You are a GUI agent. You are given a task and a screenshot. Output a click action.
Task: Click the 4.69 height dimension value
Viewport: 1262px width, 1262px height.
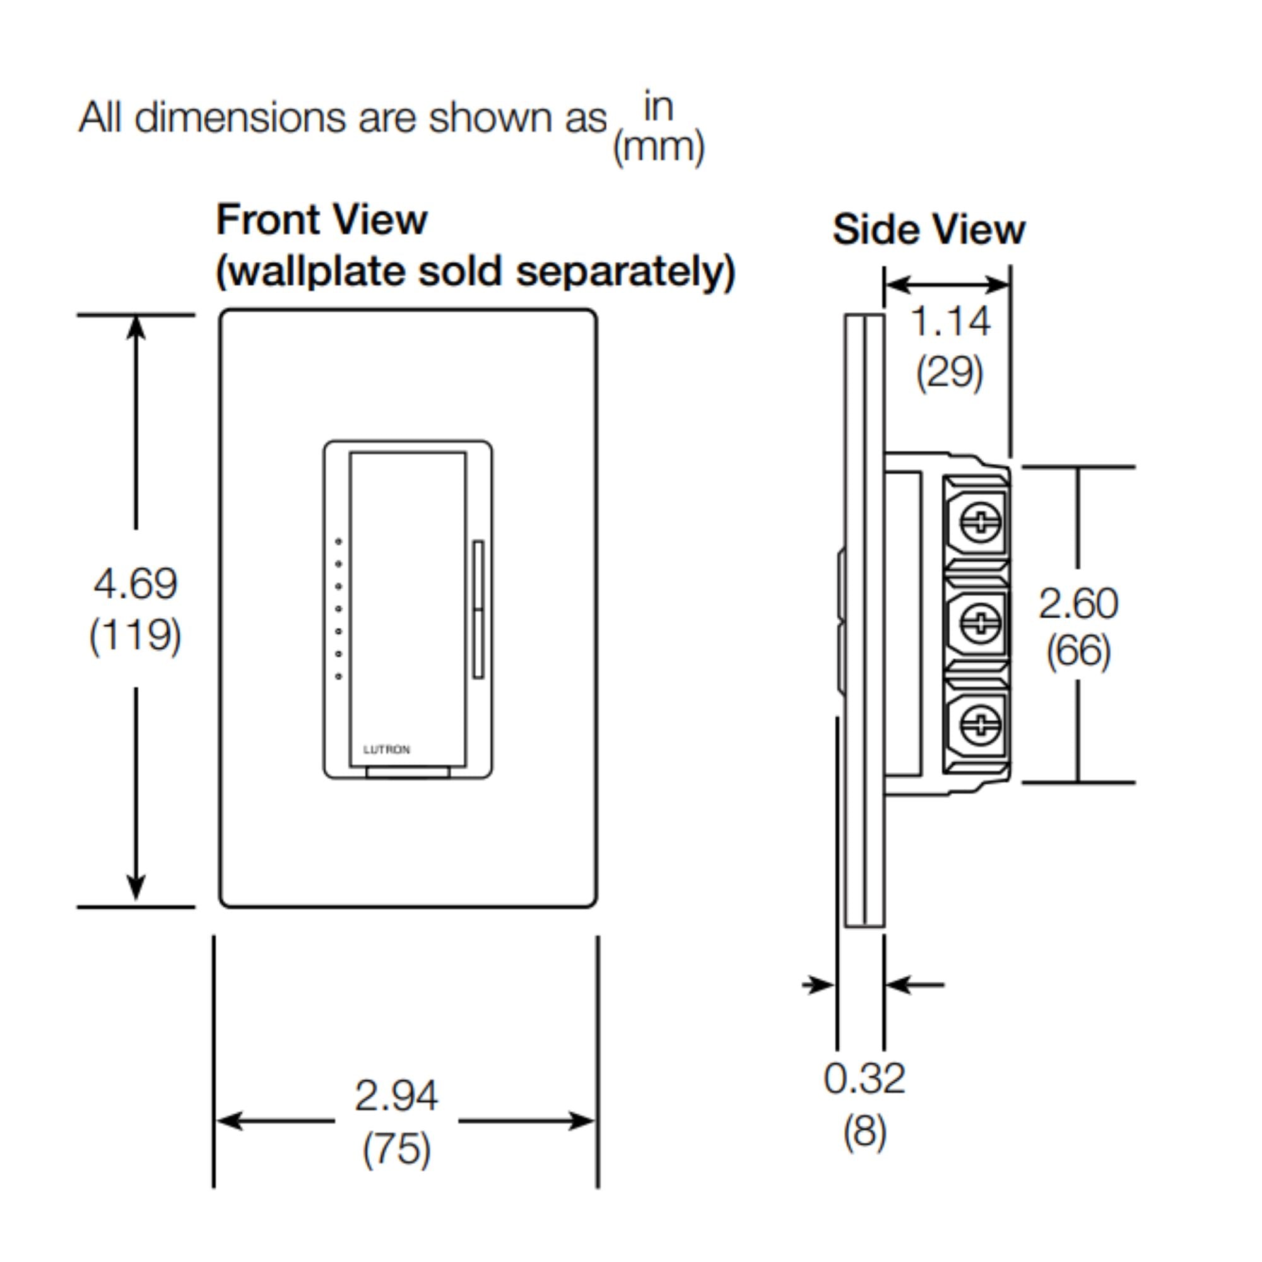(x=135, y=583)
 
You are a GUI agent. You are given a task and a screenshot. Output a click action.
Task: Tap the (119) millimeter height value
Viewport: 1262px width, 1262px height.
(x=135, y=635)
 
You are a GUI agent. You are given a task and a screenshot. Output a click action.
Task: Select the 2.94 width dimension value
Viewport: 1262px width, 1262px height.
(x=396, y=1095)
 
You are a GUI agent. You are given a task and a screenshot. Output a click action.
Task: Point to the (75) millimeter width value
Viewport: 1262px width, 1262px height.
(x=396, y=1148)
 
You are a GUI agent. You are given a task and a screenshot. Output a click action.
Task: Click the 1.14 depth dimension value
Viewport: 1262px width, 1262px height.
(x=950, y=321)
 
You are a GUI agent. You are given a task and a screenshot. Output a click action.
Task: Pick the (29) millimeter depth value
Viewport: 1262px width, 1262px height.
(x=950, y=372)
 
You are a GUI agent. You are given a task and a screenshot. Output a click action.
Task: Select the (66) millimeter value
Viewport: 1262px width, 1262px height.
(x=1078, y=651)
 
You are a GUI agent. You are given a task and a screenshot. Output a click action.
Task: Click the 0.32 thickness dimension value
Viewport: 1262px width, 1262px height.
(x=864, y=1078)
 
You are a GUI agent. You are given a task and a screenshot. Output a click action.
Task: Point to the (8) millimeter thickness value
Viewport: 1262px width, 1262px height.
(x=865, y=1130)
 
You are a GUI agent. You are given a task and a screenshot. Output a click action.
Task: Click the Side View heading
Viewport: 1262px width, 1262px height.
(x=928, y=229)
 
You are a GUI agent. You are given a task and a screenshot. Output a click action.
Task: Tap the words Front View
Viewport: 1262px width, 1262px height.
(x=321, y=220)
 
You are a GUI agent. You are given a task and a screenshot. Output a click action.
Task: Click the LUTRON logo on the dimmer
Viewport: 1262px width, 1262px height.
(x=387, y=749)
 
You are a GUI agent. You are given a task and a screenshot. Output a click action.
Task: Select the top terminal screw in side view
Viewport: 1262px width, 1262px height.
(x=981, y=522)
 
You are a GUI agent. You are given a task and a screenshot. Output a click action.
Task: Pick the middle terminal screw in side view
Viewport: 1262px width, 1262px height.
(x=981, y=623)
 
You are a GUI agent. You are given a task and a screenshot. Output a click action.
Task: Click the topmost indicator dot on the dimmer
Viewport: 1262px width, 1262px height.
(x=338, y=541)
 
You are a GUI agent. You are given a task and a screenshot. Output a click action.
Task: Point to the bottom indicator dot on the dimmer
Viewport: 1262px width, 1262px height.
(x=338, y=676)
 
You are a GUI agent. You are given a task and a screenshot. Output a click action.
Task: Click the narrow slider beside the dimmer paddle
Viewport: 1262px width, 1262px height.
(x=478, y=609)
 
